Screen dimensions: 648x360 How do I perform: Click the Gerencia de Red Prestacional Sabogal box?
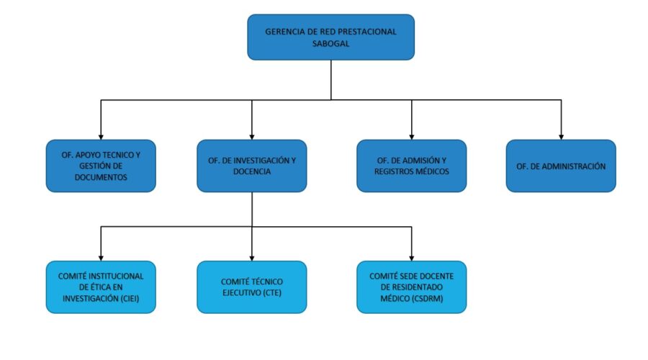330,37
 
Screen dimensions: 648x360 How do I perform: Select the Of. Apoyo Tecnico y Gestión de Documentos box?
101,166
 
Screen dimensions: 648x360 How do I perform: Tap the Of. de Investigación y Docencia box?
252,166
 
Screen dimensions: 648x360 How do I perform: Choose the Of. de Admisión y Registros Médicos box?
412,166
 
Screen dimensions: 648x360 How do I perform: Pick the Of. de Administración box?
561,166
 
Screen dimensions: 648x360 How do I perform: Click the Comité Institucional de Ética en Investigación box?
101,287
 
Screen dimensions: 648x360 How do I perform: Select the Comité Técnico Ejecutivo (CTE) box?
252,287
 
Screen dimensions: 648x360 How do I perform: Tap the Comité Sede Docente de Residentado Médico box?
412,287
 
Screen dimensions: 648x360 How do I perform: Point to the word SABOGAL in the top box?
330,43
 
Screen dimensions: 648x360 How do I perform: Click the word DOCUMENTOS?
101,177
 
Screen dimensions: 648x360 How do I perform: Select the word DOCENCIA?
252,171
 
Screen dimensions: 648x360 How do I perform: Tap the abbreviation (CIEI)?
130,298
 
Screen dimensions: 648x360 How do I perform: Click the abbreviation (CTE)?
272,292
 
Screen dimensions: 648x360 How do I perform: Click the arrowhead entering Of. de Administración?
561,138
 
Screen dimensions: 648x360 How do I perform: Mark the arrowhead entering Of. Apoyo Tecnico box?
101,138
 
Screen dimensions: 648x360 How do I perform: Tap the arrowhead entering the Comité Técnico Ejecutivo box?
252,258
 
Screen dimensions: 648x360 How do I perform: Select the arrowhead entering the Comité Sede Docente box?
412,258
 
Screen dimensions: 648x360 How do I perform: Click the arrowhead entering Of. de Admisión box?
412,138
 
